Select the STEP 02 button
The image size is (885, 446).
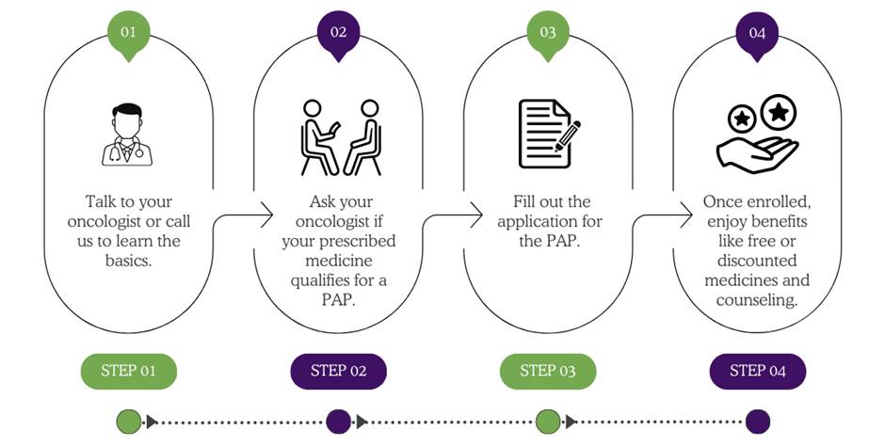[338, 371]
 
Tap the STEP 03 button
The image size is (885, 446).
[548, 371]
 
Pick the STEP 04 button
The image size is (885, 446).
[757, 371]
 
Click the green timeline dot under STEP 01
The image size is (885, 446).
[129, 421]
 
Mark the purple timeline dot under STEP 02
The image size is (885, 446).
[338, 421]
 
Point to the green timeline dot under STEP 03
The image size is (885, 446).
[548, 421]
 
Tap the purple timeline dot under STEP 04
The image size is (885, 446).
[757, 421]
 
